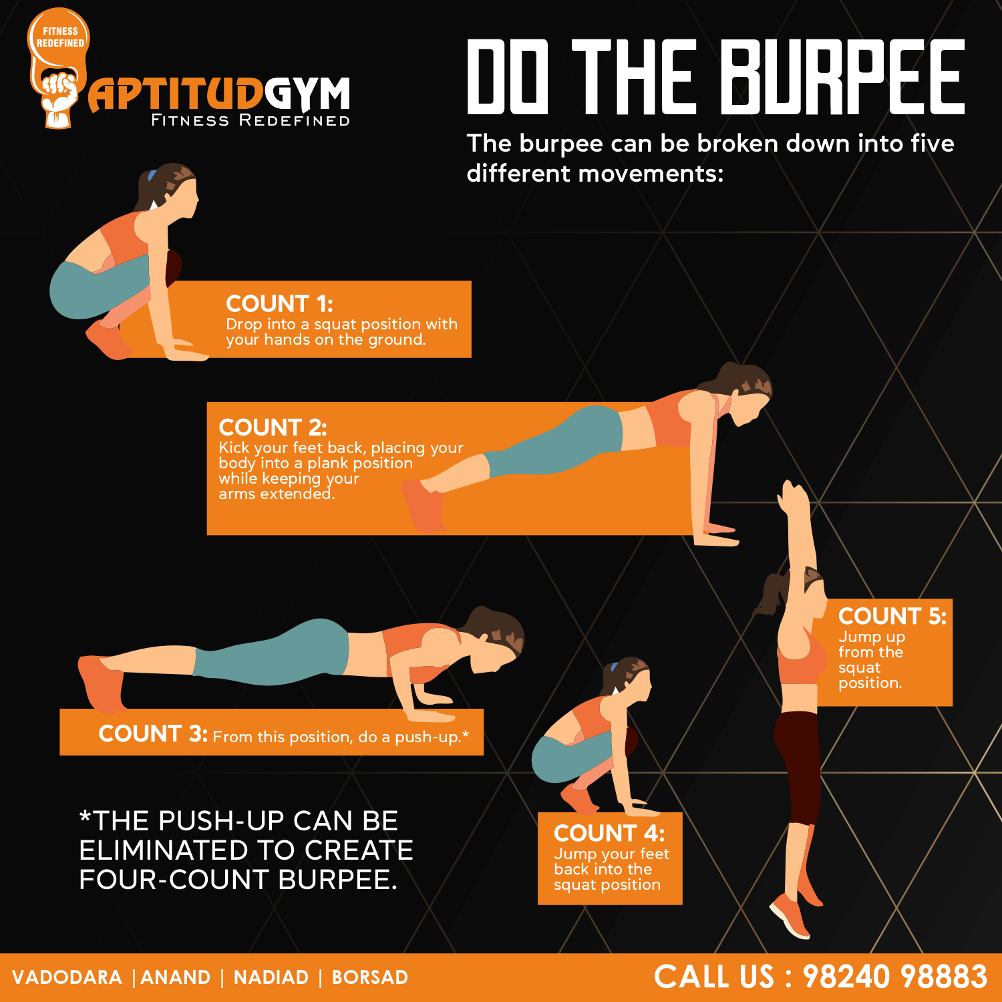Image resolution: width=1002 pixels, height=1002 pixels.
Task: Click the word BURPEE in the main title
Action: (842, 76)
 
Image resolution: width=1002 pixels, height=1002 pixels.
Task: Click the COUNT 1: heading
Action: (279, 304)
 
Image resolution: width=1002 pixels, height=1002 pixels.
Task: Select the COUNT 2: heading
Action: (273, 428)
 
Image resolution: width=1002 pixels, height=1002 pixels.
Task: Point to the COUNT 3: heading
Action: (153, 733)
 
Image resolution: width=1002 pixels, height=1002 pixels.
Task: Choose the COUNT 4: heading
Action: (609, 833)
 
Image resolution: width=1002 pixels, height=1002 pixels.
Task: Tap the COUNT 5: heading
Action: (892, 616)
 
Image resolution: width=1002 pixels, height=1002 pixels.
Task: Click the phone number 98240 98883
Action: (894, 977)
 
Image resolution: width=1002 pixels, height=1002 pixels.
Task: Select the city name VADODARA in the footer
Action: (67, 977)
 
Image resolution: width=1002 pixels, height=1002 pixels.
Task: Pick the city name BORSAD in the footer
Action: (370, 977)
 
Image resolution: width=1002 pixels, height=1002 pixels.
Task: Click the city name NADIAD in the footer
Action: (271, 977)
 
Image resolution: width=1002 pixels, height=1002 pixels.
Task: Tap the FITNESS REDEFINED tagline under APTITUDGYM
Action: (251, 120)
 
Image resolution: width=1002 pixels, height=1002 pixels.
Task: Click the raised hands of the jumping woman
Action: (793, 497)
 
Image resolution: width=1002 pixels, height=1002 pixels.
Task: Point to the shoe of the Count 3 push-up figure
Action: (101, 683)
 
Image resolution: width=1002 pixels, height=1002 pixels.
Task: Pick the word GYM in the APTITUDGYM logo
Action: (307, 94)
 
